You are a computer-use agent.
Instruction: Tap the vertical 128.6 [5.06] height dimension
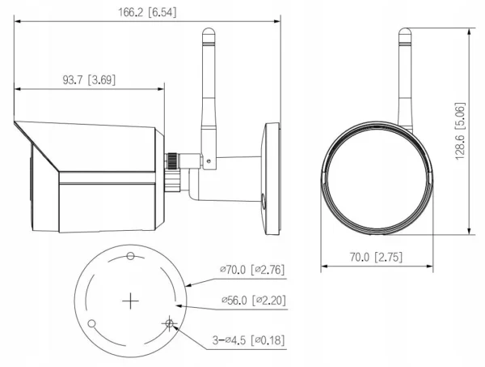(460, 134)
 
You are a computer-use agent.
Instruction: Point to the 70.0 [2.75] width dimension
(374, 257)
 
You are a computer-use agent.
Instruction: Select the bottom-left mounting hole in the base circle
(92, 324)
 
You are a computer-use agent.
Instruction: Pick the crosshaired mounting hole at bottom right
(169, 323)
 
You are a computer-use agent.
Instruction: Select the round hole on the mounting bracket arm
(262, 199)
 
